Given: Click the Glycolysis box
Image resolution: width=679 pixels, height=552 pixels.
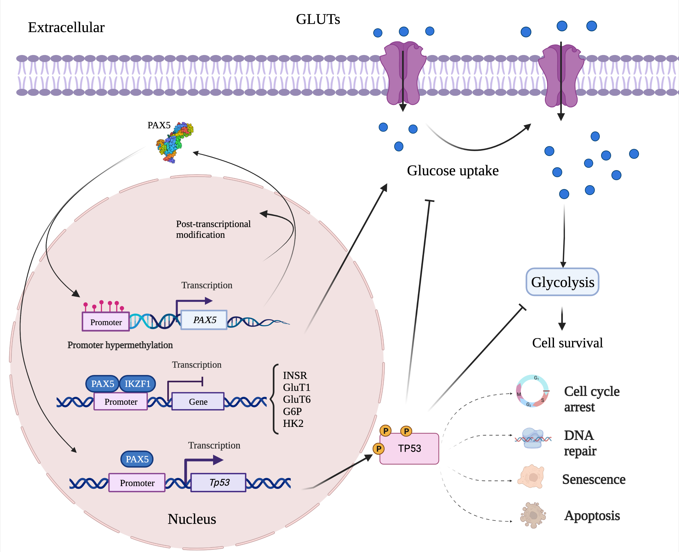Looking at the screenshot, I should [562, 282].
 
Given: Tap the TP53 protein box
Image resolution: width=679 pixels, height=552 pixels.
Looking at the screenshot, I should [409, 448].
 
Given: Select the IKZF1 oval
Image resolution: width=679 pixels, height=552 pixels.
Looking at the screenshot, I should [137, 384].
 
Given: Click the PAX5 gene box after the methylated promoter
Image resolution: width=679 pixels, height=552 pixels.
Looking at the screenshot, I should [204, 320].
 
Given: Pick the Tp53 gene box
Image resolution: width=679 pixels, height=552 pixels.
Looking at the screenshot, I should [218, 482].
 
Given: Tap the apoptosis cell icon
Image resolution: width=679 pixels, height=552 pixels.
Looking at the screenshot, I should [533, 515].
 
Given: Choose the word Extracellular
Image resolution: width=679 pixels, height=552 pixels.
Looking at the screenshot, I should [66, 27].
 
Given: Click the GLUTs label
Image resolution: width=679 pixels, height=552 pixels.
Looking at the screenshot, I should [318, 19].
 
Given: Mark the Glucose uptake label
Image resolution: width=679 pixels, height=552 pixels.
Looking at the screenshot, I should [452, 171].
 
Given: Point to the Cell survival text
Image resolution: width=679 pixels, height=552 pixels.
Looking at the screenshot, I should [567, 343].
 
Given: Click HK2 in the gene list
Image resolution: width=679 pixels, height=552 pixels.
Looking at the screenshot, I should [293, 424].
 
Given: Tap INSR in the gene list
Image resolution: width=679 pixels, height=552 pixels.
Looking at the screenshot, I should [295, 375].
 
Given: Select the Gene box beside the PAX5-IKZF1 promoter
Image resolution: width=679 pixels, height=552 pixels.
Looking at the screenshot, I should [198, 402].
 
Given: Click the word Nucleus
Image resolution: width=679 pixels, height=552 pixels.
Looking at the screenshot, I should [192, 519].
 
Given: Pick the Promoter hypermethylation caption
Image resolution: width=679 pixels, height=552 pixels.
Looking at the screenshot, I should [120, 345].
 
